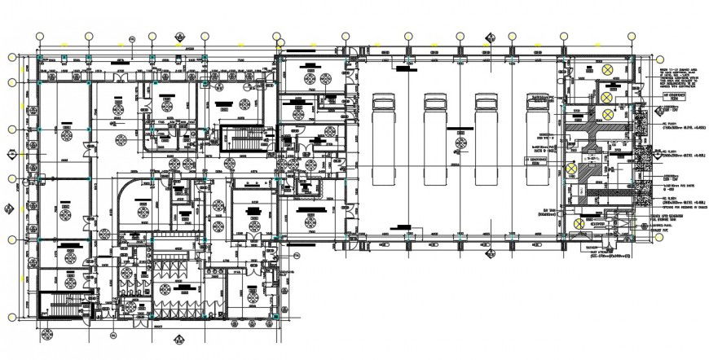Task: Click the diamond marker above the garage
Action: click(x=489, y=37)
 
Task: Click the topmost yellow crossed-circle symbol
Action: click(x=608, y=70)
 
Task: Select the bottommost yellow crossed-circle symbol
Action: click(x=577, y=222)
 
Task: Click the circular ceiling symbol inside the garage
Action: click(x=462, y=143)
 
